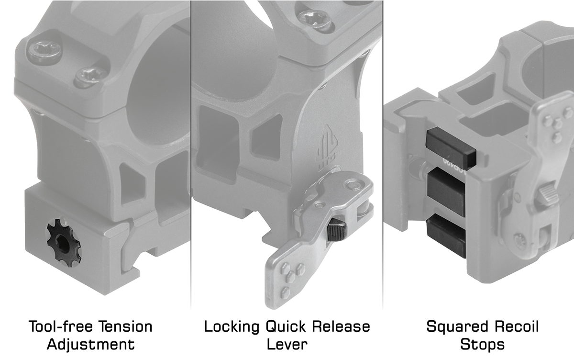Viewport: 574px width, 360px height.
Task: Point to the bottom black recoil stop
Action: coord(446,236)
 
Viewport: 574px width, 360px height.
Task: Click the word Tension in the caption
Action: coord(125,326)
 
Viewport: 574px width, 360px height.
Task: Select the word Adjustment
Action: coord(91,344)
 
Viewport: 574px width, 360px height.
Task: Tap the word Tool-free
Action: coord(60,326)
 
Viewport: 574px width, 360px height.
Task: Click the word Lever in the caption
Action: coord(287,344)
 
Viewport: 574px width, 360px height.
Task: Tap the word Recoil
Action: coord(517,326)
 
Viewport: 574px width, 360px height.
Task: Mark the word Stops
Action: coord(482,345)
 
